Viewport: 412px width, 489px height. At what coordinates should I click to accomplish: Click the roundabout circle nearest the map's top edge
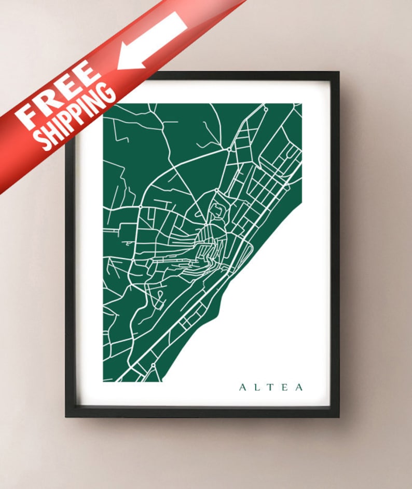[x=266, y=109]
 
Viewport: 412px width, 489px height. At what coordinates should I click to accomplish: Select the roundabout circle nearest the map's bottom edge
[x=154, y=365]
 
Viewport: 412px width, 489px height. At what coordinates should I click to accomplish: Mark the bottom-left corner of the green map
[x=104, y=381]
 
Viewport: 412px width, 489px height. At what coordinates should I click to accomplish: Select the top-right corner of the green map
[x=301, y=104]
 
